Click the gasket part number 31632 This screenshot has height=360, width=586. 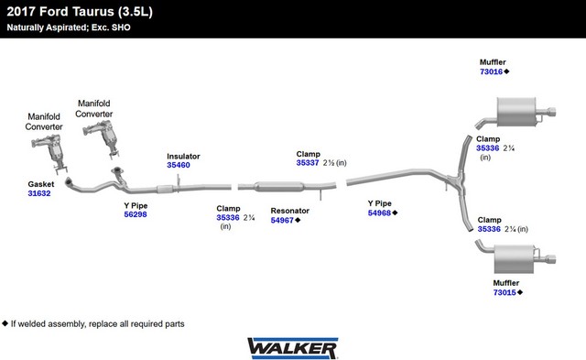pos(39,193)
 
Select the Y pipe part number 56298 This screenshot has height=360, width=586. pos(136,214)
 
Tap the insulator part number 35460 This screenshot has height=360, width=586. pos(179,165)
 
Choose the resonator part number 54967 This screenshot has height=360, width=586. pos(282,220)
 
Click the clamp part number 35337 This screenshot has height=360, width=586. pos(308,163)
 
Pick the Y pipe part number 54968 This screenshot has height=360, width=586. pos(379,213)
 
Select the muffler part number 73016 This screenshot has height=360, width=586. pos(491,71)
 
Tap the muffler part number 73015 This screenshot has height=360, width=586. pos(505,292)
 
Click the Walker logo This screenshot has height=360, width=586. pos(293,348)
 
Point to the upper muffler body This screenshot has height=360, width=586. pos(516,112)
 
